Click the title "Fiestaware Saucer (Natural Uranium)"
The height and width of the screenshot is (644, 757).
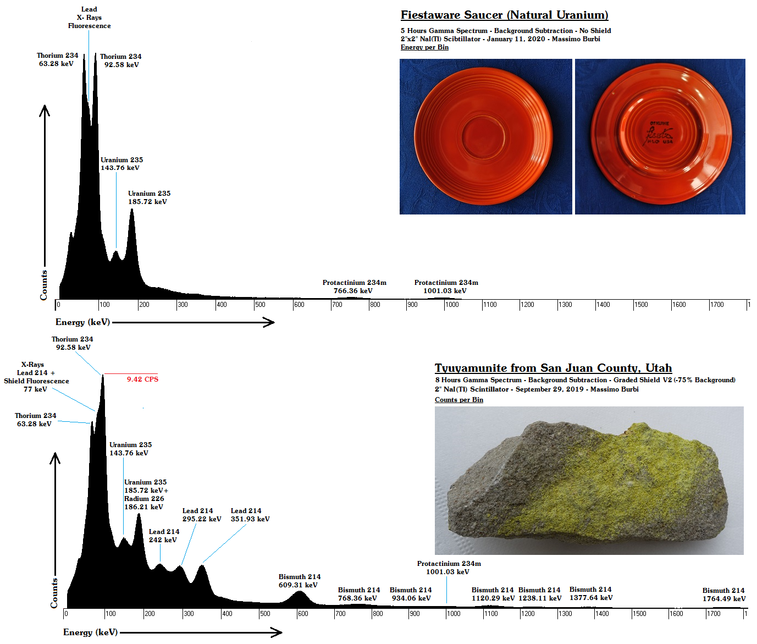point(504,15)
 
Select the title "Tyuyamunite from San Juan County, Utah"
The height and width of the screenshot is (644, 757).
point(553,368)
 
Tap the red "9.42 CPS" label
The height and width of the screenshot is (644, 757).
point(142,379)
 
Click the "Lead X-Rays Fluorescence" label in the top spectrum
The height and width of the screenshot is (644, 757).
point(89,18)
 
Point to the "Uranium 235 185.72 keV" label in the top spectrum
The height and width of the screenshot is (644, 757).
point(149,197)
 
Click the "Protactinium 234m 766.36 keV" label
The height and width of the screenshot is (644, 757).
point(354,287)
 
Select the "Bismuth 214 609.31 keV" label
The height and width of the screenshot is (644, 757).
point(299,581)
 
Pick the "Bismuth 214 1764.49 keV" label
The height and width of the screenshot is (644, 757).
point(723,595)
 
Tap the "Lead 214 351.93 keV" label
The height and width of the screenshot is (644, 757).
point(250,515)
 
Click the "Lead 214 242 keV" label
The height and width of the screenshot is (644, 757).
point(164,536)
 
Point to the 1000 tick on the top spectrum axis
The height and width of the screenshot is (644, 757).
point(452,305)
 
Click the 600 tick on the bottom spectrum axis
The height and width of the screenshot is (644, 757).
point(302,614)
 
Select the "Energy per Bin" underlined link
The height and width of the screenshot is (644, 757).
point(424,47)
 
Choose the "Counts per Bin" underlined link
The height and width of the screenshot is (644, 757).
point(459,400)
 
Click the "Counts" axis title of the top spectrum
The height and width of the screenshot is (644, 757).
point(44,285)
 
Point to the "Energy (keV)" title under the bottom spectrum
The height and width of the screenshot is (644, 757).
point(90,632)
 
